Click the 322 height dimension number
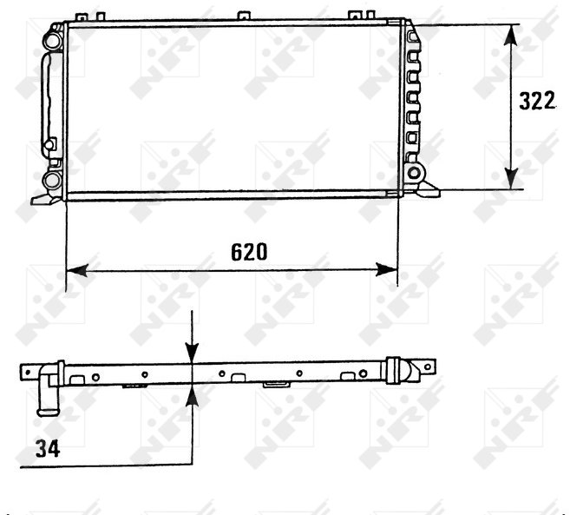[x=537, y=101]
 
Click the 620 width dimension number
[x=249, y=252]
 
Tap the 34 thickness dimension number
[x=48, y=448]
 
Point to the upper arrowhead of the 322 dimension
[x=512, y=35]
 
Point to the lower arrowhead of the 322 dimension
[x=512, y=179]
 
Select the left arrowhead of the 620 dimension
[x=77, y=270]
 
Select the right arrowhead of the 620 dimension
[x=387, y=270]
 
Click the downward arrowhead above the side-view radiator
[x=192, y=353]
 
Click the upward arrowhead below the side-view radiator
[x=192, y=395]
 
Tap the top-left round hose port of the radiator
[x=53, y=40]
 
